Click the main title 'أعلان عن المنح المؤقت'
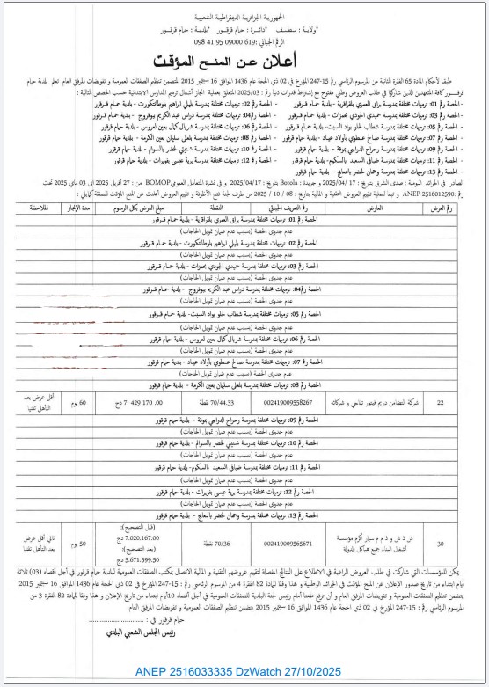click(x=244, y=62)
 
